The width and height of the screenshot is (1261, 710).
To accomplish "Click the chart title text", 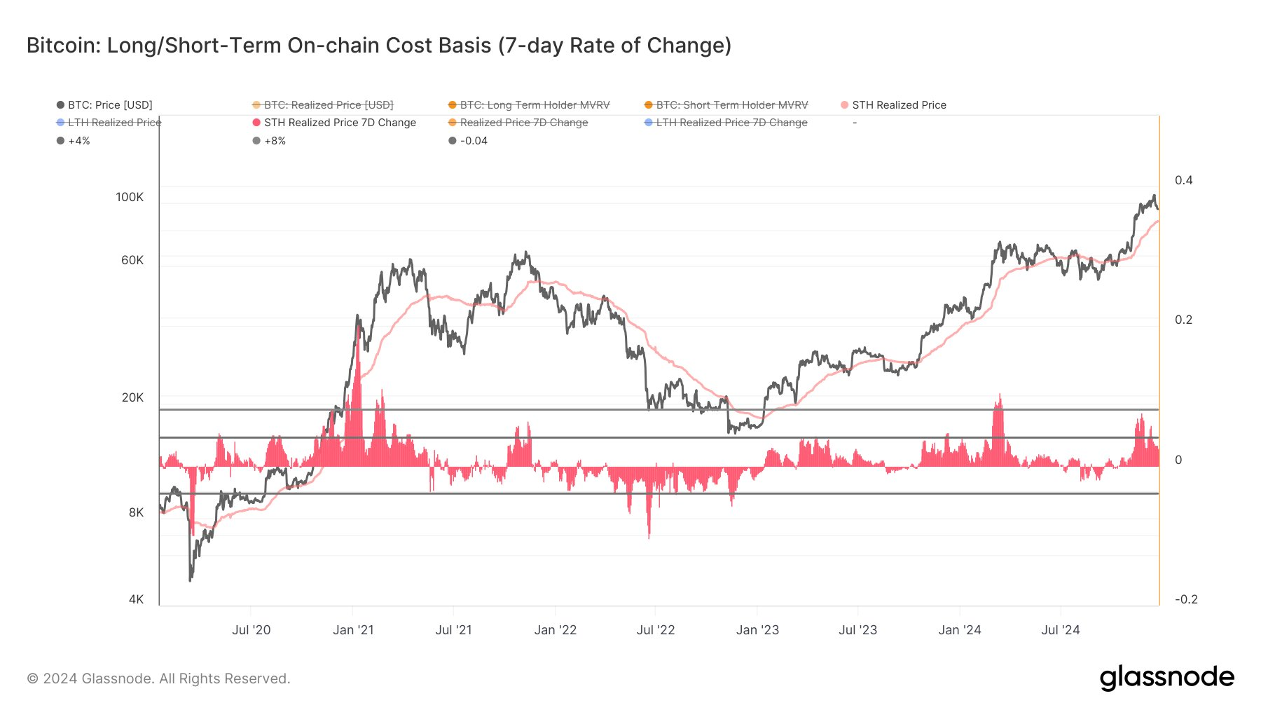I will coord(379,46).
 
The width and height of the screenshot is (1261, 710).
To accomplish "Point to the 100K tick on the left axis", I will coord(130,197).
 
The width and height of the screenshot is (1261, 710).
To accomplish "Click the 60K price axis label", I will coord(132,260).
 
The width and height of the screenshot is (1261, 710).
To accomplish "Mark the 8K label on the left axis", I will coord(136,512).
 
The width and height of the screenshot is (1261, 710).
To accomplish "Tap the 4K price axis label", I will coord(136,599).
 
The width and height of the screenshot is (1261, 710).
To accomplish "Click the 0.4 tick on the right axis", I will coord(1183,180).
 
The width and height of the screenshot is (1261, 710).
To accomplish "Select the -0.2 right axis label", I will coord(1185,599).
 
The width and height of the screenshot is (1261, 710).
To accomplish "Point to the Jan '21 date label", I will coord(353,630).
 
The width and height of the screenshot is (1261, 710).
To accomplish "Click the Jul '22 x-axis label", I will coord(656,630).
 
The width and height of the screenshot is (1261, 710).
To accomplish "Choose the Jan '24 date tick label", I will coord(960,630).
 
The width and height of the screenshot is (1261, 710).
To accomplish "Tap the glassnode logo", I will coord(1166,678).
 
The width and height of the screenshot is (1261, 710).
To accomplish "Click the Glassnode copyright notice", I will coord(158,678).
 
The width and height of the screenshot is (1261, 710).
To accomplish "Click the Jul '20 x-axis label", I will coord(251,630).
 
